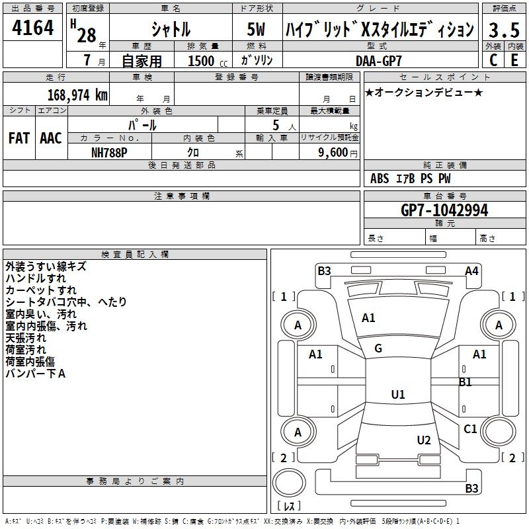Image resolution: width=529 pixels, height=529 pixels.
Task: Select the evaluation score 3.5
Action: pos(503,30)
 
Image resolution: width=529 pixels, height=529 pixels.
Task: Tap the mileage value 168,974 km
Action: pos(77,95)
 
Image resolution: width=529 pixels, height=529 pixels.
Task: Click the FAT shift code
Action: pos(19,138)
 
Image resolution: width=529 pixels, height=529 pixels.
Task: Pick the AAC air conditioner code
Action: pos(51,138)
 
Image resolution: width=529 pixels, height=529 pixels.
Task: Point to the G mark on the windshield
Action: pos(378,348)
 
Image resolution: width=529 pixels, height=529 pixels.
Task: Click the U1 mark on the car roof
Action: pos(397,395)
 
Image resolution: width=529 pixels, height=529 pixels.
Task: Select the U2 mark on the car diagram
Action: pos(424,440)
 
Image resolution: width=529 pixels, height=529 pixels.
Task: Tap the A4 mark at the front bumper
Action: pos(471,270)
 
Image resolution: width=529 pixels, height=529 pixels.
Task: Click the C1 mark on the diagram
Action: pos(470,429)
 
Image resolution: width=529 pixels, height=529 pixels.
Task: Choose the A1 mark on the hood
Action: pos(368,318)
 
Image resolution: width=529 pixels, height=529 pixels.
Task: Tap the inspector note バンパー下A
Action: pos(36,374)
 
